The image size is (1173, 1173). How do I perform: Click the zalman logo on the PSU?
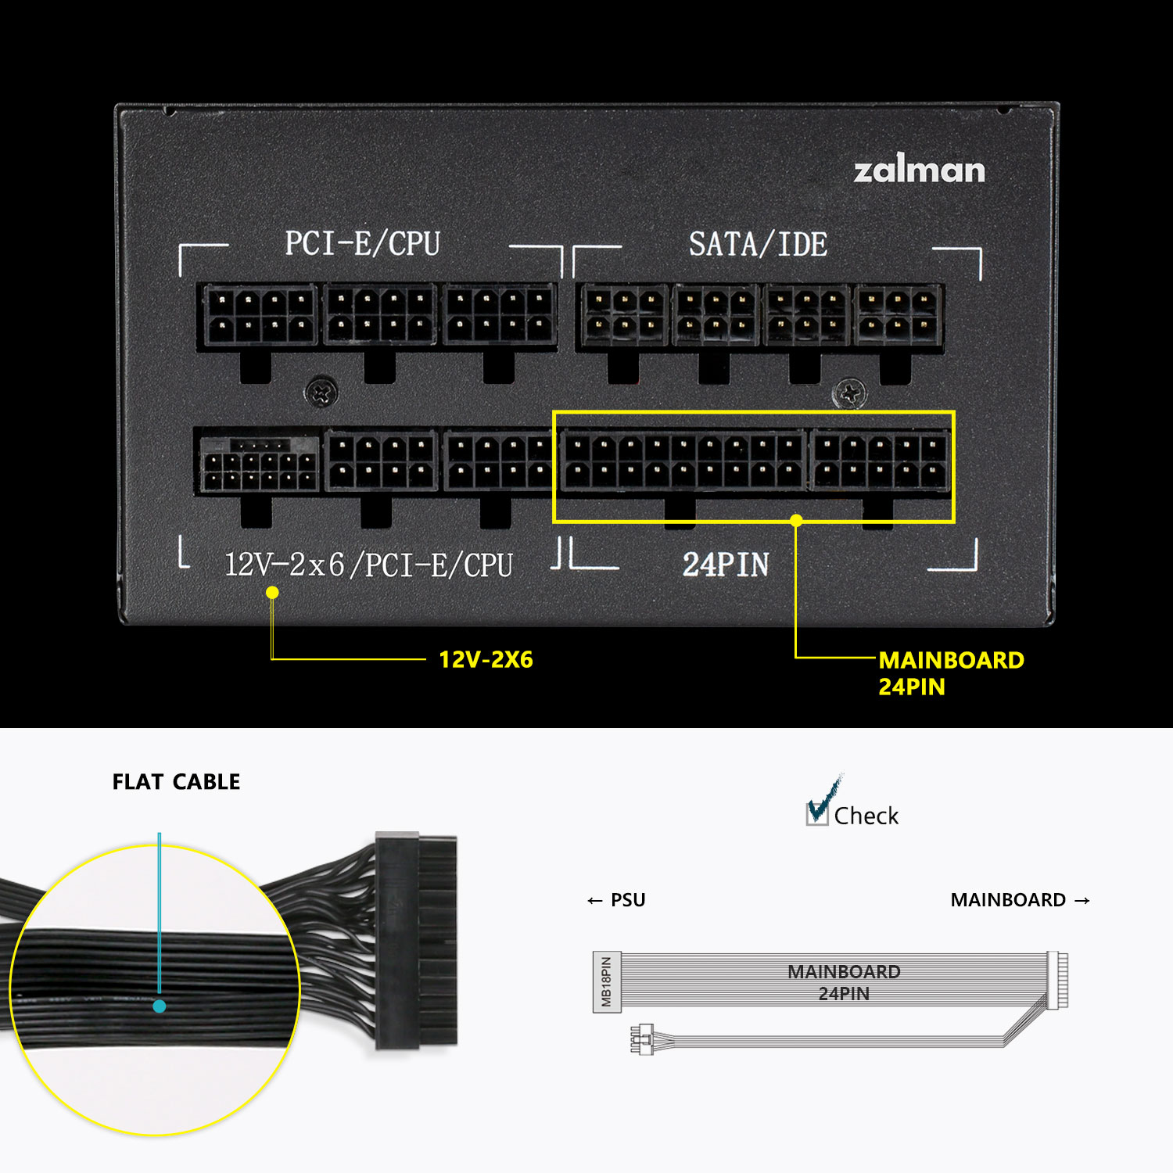[919, 170]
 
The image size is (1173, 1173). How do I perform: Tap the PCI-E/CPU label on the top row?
[362, 243]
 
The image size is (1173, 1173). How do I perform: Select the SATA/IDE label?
[758, 244]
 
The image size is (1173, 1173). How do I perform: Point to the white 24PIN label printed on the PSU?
[726, 565]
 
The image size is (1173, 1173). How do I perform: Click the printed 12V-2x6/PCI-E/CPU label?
[368, 565]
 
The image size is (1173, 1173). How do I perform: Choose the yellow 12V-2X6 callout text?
[486, 659]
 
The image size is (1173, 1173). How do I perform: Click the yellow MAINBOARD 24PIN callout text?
[951, 673]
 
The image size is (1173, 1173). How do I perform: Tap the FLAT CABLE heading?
[176, 782]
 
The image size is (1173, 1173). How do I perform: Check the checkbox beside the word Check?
[817, 813]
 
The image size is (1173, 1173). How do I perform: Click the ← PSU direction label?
[616, 900]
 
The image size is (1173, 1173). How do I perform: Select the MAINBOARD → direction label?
[1020, 900]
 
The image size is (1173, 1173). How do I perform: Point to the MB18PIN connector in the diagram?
[607, 982]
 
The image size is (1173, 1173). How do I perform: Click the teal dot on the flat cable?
[160, 1006]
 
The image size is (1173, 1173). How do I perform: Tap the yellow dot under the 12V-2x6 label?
[272, 592]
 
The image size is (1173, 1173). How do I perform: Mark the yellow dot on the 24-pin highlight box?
[796, 521]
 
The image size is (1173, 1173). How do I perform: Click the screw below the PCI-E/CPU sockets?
[321, 392]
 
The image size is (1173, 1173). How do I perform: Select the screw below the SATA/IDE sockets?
[849, 393]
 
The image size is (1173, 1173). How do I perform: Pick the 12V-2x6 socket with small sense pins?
[258, 464]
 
